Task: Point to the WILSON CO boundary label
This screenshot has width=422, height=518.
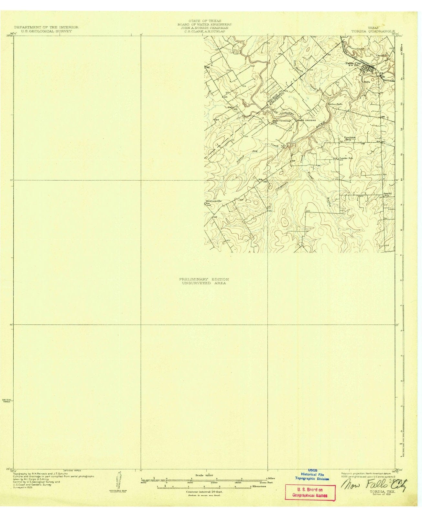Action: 272,96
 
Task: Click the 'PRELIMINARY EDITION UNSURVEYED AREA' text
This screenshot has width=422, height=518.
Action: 204,281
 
